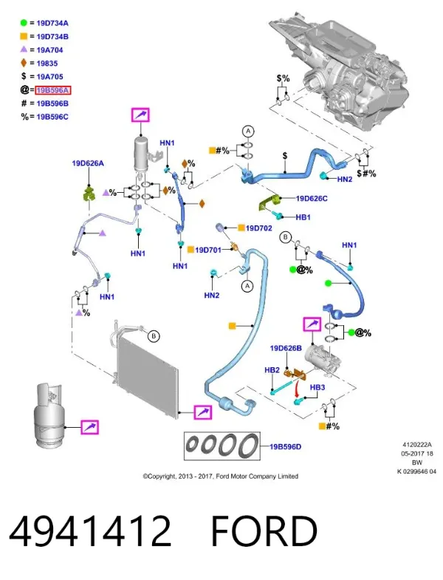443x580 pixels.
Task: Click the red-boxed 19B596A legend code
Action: tap(52, 90)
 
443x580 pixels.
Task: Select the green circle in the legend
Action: tap(24, 23)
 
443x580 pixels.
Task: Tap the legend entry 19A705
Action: tap(49, 77)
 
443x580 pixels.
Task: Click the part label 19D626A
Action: tap(88, 163)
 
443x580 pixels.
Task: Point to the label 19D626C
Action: tap(312, 199)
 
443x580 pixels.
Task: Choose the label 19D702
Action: tap(259, 228)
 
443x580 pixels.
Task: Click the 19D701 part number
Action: tap(207, 250)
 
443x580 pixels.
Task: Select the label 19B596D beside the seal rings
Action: tap(285, 447)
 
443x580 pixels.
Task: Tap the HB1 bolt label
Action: tap(303, 217)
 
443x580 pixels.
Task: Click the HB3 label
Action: tap(317, 387)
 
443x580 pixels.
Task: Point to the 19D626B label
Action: tap(286, 348)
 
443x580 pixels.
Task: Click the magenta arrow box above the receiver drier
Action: tap(140, 115)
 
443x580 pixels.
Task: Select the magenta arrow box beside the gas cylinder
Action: tap(90, 427)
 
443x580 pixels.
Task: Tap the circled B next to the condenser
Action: tap(154, 336)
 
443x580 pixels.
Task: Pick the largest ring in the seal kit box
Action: tap(249, 446)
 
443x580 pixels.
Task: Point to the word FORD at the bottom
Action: tap(264, 531)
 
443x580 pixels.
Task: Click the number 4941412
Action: tap(90, 531)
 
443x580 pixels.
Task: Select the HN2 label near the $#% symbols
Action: tap(345, 179)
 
